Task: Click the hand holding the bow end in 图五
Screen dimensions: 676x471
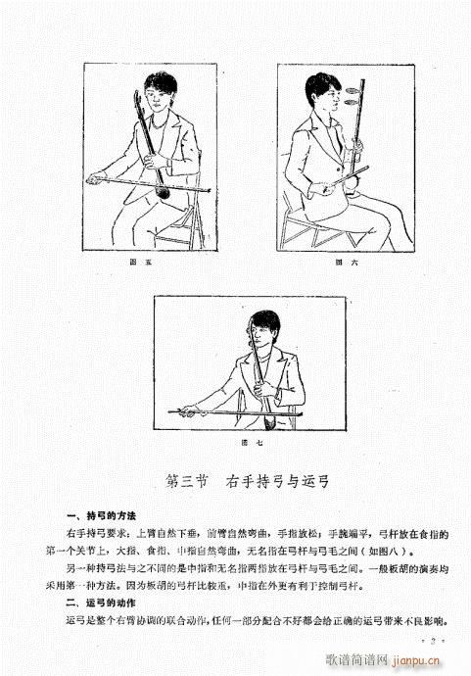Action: click(96, 178)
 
